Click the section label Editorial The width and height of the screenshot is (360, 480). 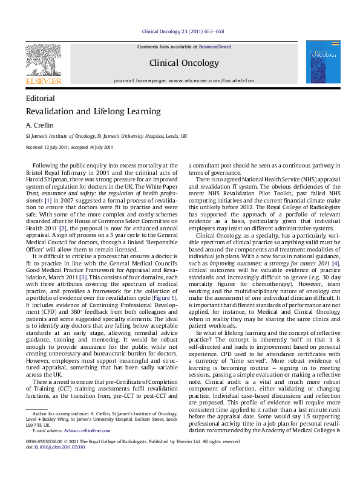tap(41, 98)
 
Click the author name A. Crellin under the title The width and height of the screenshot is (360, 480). tap(36, 125)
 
